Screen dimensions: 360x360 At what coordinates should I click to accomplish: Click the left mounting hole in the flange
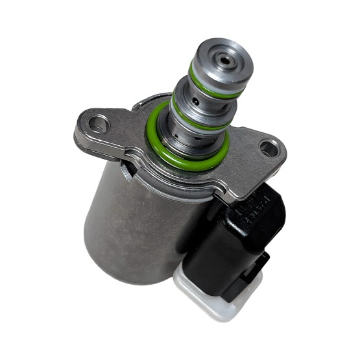point(97,121)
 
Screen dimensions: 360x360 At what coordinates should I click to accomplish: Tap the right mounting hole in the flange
point(268,149)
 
